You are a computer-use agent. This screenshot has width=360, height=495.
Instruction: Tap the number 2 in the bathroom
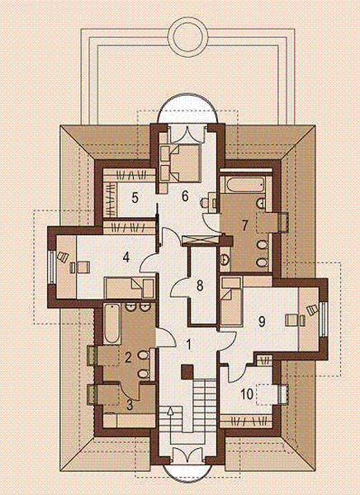[x=128, y=358]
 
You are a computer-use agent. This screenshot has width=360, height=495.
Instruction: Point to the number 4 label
[x=126, y=257]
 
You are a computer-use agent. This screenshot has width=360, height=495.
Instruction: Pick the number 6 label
[x=186, y=196]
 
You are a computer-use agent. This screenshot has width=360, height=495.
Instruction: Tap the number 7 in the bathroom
[x=244, y=224]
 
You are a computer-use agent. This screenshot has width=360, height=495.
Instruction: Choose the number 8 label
[x=199, y=287]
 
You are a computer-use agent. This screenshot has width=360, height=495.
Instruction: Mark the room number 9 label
[x=261, y=322]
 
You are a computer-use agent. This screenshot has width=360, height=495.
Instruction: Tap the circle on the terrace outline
[x=191, y=37]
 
